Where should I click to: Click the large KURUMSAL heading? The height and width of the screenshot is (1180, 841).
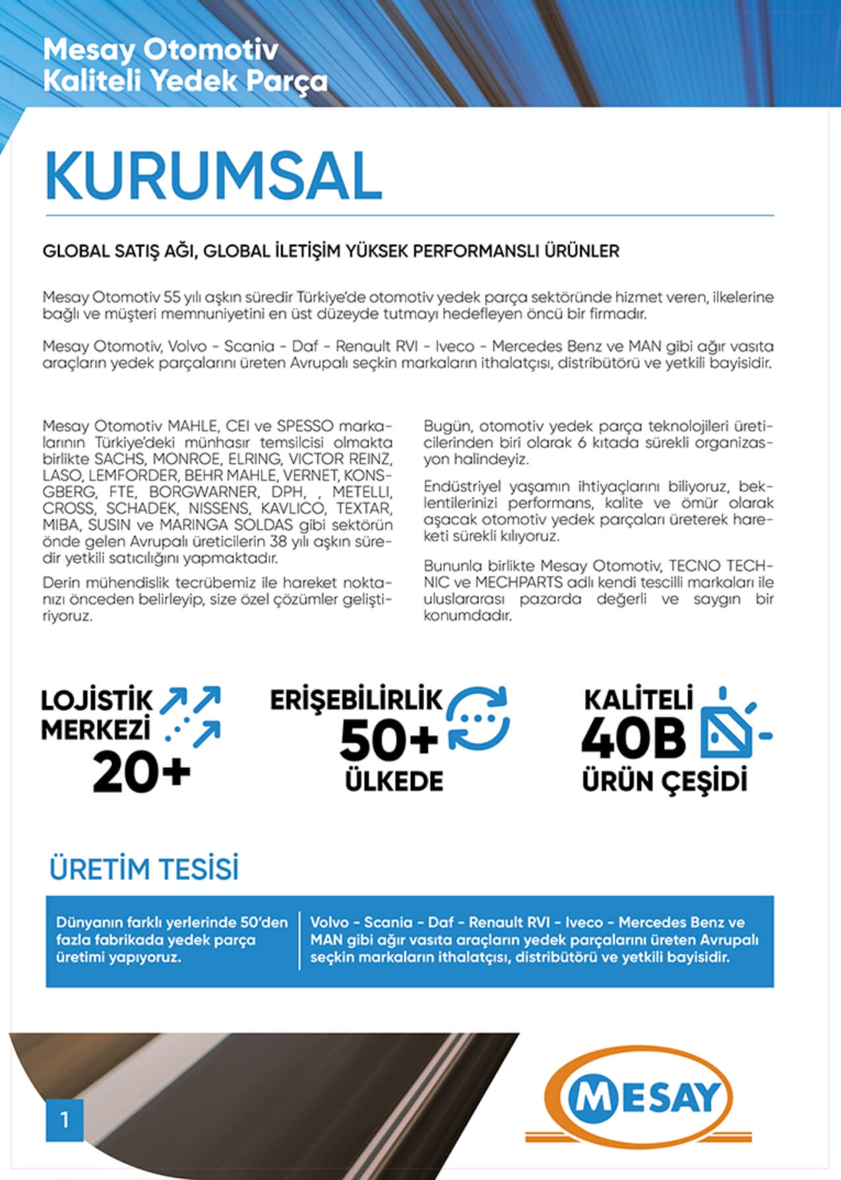point(213,177)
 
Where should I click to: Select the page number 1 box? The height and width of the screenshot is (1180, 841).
point(65,1119)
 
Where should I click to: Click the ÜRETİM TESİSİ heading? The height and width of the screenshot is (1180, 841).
point(144,869)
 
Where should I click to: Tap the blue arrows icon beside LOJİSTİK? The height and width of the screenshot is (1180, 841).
point(193,717)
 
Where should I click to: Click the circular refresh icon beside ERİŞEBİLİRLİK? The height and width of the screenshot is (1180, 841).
point(478,719)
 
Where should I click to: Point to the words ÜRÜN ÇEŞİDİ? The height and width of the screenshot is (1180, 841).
point(664,781)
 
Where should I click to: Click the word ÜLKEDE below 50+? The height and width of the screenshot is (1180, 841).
point(394,781)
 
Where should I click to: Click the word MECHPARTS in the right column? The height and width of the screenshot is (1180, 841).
point(519,583)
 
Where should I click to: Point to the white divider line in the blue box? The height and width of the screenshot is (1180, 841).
point(299,941)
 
